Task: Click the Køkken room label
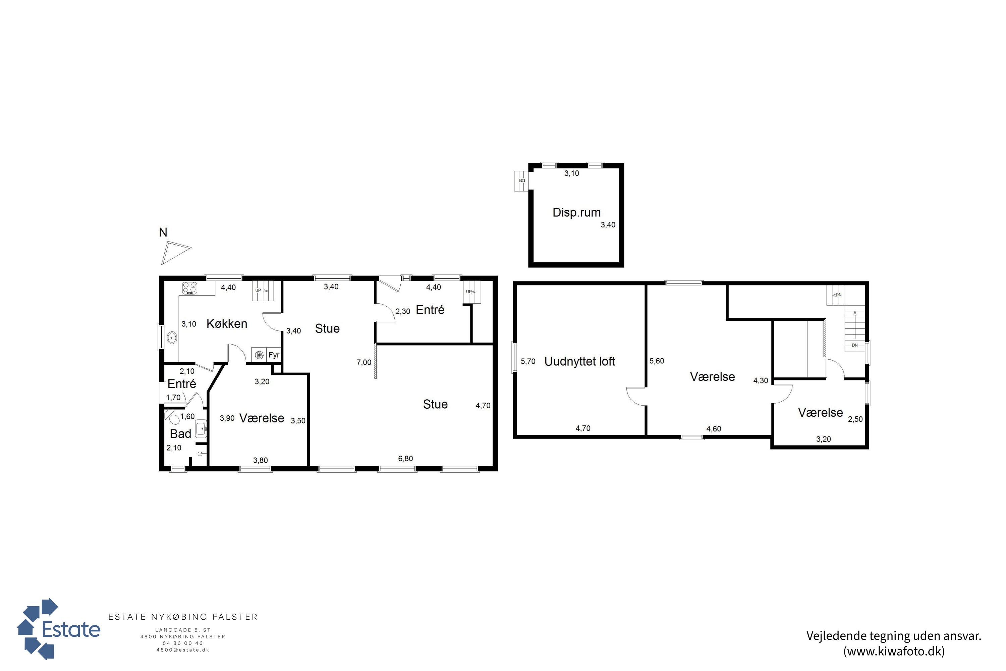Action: click(x=227, y=324)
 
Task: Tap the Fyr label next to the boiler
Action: click(x=274, y=355)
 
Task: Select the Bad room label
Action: click(x=180, y=434)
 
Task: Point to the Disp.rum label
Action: click(x=576, y=213)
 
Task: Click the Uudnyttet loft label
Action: click(x=579, y=362)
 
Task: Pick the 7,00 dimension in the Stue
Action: click(x=364, y=362)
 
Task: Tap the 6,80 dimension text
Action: click(x=405, y=459)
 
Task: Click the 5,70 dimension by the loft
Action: click(x=528, y=362)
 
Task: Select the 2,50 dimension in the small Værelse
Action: click(x=855, y=419)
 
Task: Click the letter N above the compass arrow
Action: click(x=163, y=233)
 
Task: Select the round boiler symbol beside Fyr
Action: click(x=259, y=355)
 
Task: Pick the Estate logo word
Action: click(x=71, y=629)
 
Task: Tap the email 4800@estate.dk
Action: click(x=183, y=650)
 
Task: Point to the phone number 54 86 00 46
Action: click(x=183, y=643)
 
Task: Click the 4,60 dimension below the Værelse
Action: click(x=714, y=429)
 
